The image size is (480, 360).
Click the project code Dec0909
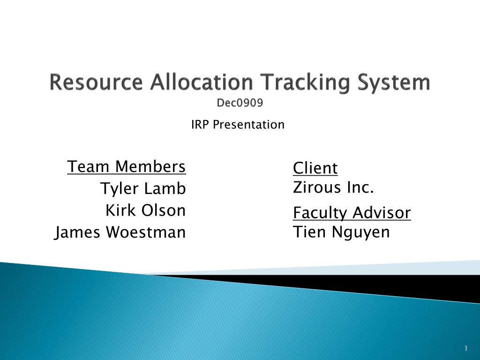(240, 103)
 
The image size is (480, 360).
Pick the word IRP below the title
(201, 125)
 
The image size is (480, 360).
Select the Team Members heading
(127, 166)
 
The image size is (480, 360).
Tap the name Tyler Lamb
(143, 188)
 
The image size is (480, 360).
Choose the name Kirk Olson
(146, 210)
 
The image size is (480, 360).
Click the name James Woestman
(120, 232)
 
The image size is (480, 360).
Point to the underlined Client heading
(315, 168)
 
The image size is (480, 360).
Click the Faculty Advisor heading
(352, 213)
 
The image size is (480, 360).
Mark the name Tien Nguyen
(341, 232)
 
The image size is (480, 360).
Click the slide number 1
(466, 348)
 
